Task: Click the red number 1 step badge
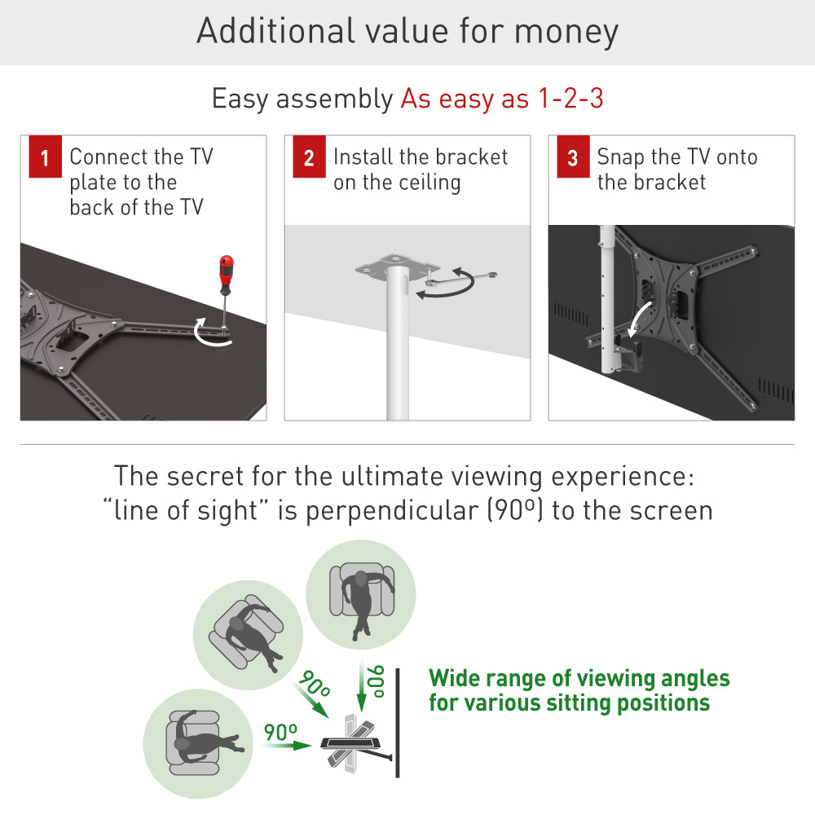(45, 158)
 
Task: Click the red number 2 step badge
(309, 158)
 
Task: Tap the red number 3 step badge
(573, 158)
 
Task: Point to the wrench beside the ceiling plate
(456, 280)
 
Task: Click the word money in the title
(566, 31)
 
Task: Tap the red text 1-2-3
(570, 99)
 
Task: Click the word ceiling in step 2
(429, 183)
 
